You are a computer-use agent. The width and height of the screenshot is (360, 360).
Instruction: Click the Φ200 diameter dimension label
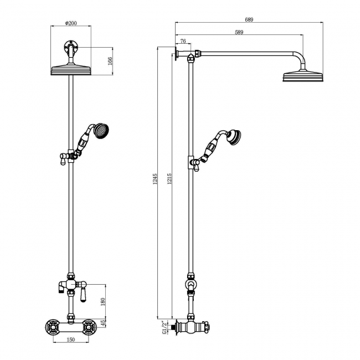(71, 23)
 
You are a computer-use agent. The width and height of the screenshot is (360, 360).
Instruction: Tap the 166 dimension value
(110, 60)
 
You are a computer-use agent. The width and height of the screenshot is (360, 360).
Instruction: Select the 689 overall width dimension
(249, 19)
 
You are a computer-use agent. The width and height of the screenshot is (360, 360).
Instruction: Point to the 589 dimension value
(239, 33)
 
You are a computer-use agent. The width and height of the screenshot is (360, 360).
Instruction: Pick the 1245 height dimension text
(156, 179)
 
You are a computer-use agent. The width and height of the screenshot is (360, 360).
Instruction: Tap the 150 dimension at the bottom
(71, 340)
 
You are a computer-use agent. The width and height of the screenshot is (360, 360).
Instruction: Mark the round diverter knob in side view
(191, 286)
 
